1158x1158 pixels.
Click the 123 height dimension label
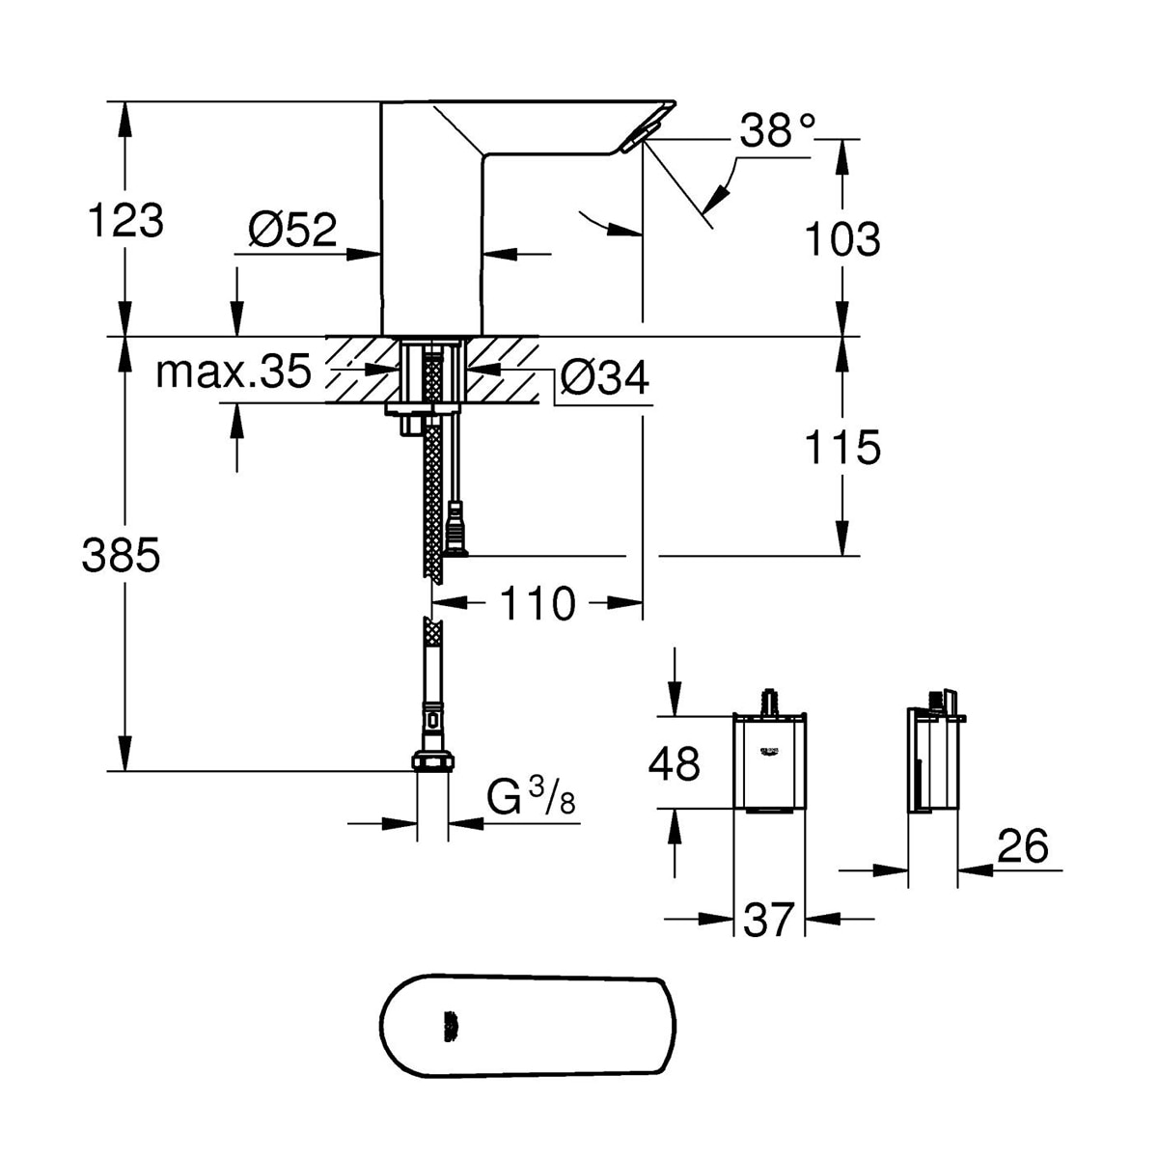point(125,221)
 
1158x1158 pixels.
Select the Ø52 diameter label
point(292,229)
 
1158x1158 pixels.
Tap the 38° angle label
point(778,130)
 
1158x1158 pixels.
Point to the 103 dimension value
point(841,238)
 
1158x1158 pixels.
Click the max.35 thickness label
point(234,372)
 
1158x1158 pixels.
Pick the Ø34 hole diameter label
point(604,377)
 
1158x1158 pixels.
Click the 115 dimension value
point(841,447)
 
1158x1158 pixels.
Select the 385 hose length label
point(121,555)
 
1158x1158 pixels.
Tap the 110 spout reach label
point(538,603)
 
